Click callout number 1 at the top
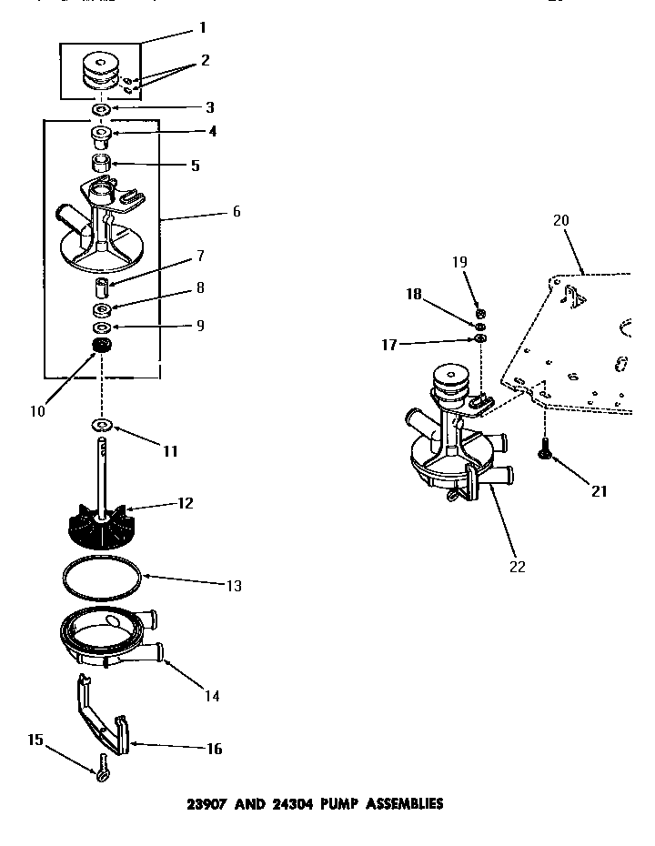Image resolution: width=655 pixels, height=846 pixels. point(202,28)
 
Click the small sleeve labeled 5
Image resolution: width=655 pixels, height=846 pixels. point(102,165)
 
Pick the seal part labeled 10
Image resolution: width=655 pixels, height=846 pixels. point(101,346)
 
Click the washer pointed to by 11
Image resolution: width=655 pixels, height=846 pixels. point(102,426)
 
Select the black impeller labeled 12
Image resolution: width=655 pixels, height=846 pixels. point(102,524)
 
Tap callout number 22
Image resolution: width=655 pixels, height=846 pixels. point(518,566)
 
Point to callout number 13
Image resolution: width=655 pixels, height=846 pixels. point(234,586)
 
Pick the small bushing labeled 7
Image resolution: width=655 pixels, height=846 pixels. point(102,288)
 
